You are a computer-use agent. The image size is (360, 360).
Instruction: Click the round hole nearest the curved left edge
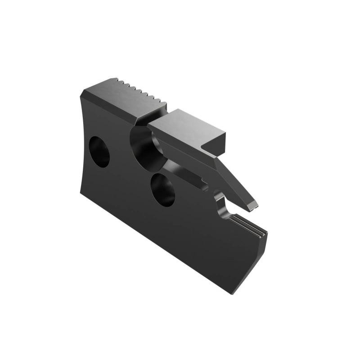click(x=99, y=152)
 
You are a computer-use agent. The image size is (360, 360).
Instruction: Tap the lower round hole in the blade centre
click(x=162, y=189)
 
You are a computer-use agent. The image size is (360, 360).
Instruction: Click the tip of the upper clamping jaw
click(x=254, y=207)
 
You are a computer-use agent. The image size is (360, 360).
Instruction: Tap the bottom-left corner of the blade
click(x=81, y=196)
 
